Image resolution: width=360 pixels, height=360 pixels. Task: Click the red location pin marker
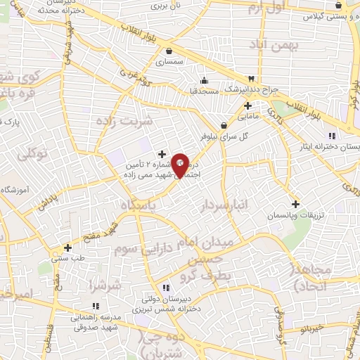click(x=180, y=165)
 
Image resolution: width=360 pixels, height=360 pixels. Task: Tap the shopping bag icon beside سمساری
click(x=169, y=51)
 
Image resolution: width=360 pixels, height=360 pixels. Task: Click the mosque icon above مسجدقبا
click(x=204, y=79)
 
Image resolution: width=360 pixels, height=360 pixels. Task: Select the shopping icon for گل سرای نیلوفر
click(x=224, y=127)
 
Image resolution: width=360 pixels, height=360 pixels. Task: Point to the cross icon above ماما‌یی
click(x=247, y=105)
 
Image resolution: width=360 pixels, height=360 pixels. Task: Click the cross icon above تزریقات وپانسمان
click(x=295, y=204)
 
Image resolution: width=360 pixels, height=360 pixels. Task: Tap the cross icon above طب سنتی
click(x=67, y=247)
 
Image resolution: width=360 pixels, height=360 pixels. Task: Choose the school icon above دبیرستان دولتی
click(x=166, y=288)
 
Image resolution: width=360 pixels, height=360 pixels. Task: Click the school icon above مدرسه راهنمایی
click(x=96, y=305)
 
